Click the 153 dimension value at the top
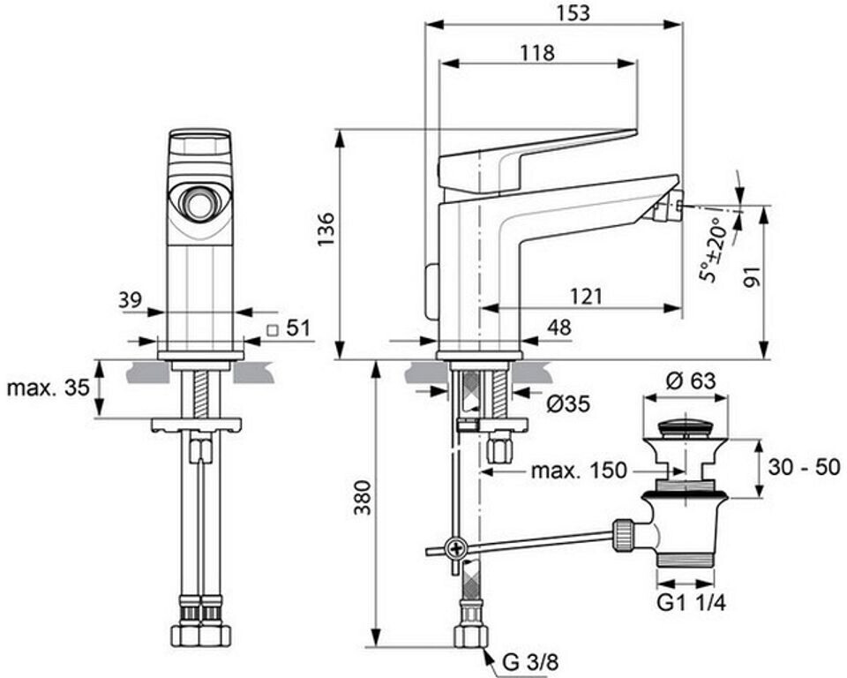573,12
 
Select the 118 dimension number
537,52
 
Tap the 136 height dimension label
326,230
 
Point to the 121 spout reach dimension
586,297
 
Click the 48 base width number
558,328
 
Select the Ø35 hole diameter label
567,403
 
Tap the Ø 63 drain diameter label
690,381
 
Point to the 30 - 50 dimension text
804,467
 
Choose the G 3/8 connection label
530,662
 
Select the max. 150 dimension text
579,471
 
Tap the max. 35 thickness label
48,388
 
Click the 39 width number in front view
130,299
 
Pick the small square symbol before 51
274,329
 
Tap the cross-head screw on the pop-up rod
456,550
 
